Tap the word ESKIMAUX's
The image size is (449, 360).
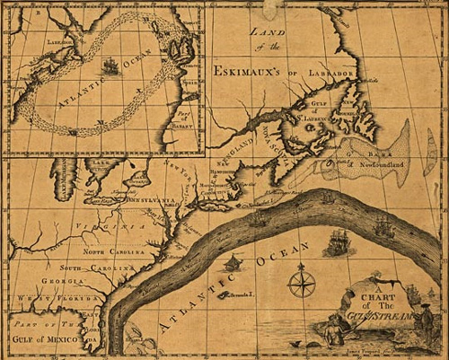(252, 69)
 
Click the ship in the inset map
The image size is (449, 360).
(110, 66)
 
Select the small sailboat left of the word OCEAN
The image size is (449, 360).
(233, 262)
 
